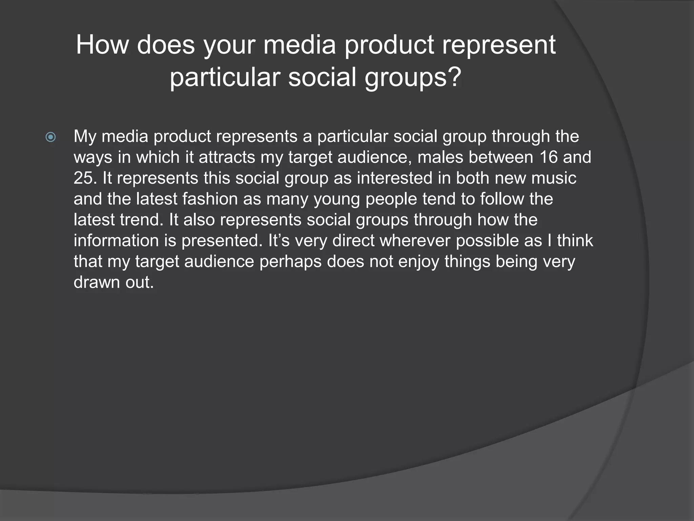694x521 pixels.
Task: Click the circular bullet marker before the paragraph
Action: click(50, 137)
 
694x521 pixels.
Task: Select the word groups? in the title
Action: click(413, 77)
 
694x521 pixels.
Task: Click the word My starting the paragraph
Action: click(85, 136)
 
